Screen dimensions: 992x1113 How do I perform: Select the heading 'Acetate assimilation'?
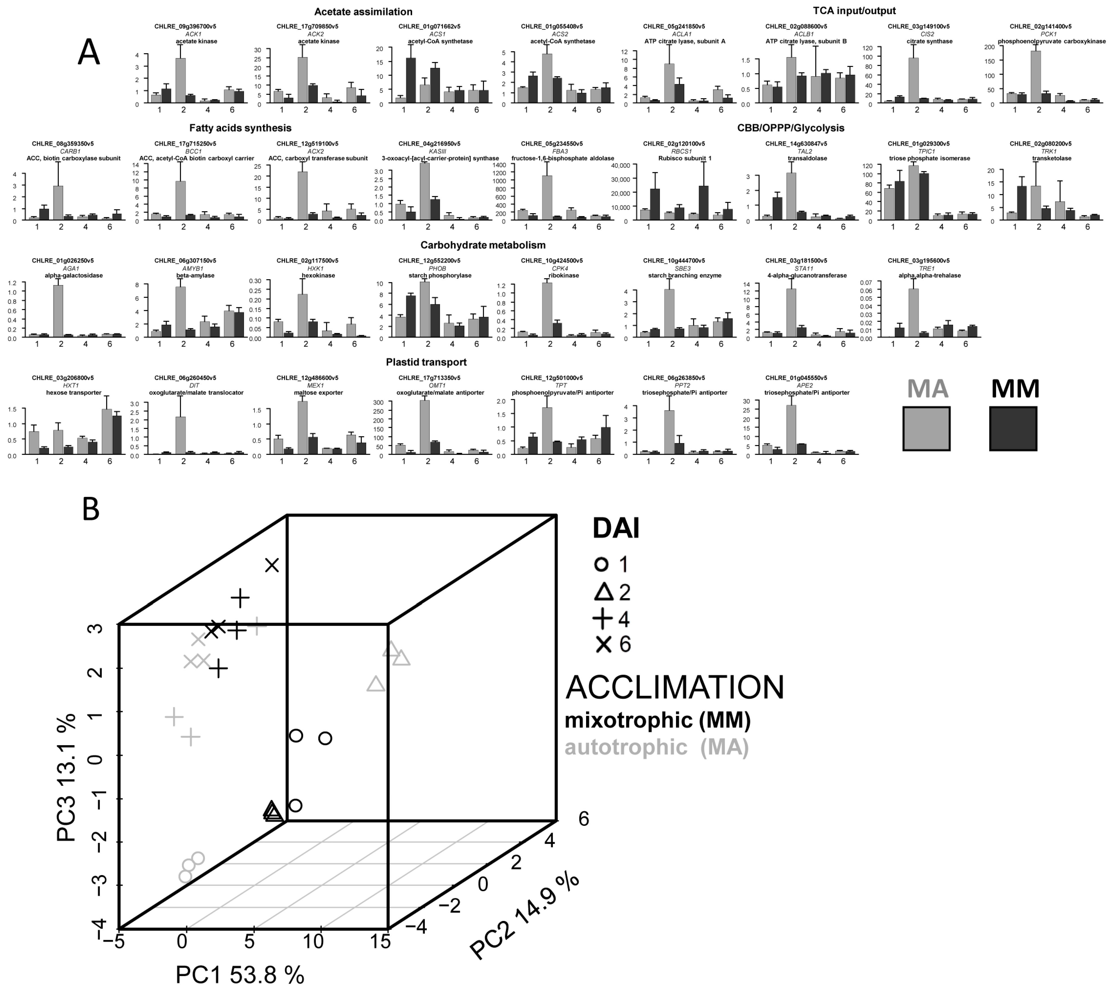[363, 11]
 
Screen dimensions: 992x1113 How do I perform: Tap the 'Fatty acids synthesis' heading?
[240, 128]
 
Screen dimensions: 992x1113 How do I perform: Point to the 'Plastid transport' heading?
[426, 362]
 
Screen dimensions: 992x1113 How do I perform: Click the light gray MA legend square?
[926, 428]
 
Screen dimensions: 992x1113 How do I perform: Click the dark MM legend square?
[1013, 428]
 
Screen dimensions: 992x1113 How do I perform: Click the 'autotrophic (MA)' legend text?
[657, 747]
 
